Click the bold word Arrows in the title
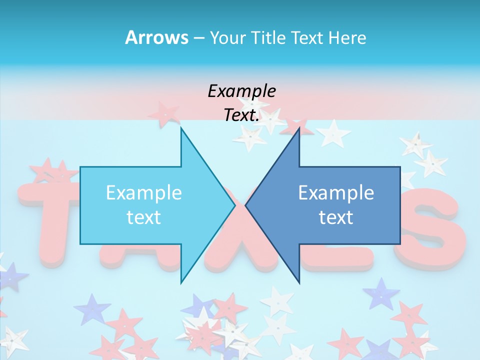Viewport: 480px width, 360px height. pos(156,37)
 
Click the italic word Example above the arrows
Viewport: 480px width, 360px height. pos(242,91)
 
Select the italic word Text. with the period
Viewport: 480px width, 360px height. pos(242,115)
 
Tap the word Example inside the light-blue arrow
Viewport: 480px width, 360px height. pos(144,192)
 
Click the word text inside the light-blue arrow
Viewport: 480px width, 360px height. pos(144,217)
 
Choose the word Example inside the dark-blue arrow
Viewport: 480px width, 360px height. pos(336,192)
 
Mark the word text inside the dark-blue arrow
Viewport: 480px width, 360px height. pos(336,217)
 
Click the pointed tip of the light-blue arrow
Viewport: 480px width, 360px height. pos(234,205)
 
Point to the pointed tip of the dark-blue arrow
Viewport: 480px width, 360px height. pos(246,205)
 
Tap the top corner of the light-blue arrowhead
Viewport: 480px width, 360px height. pos(181,128)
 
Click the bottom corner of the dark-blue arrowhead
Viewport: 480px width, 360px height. pos(299,282)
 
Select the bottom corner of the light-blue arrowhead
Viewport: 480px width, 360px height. pos(181,282)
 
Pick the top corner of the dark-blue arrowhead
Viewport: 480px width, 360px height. pos(299,128)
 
